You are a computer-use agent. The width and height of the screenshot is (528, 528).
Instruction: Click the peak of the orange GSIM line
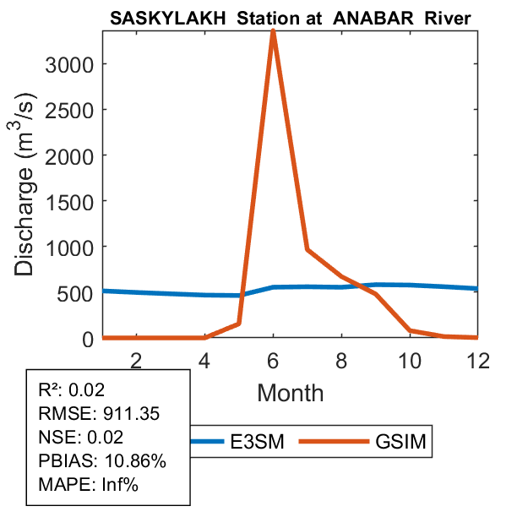[x=273, y=30]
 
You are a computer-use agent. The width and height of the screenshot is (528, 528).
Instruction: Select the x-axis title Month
[x=290, y=392]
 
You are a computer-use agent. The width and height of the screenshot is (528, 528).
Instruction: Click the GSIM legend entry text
[x=399, y=441]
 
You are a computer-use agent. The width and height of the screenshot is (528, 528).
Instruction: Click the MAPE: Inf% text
[x=88, y=485]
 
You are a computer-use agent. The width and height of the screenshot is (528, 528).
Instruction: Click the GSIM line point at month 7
[x=307, y=249]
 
